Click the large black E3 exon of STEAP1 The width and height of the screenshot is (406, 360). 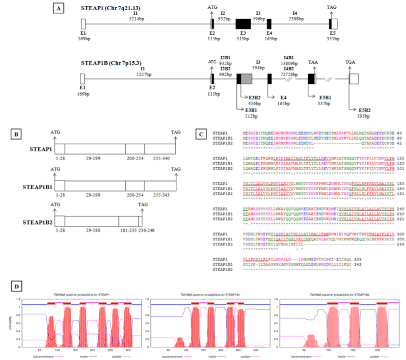[x=243, y=23]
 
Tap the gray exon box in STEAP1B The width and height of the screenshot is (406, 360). [x=246, y=79]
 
